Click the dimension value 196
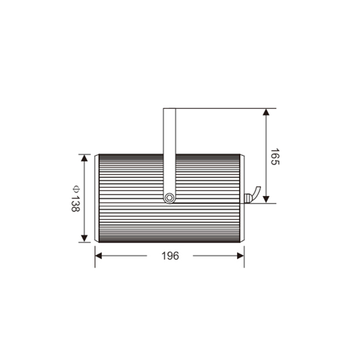pyautogui.click(x=170, y=256)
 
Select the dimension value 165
pyautogui.click(x=275, y=157)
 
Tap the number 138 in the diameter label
pyautogui.click(x=75, y=204)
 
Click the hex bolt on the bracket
pyautogui.click(x=170, y=198)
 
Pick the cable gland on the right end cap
pyautogui.click(x=247, y=198)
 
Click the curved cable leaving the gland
pyautogui.click(x=256, y=193)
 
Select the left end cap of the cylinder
pyautogui.click(x=97, y=198)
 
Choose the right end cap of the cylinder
pyautogui.click(x=242, y=198)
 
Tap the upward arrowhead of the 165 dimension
pyautogui.click(x=266, y=112)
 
